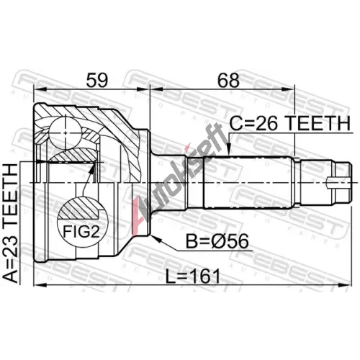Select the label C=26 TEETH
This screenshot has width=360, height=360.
coord(290,124)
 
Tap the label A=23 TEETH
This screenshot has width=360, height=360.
coord(11,223)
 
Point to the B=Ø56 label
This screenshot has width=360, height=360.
coord(217,241)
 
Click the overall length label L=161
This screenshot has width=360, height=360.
coord(193,276)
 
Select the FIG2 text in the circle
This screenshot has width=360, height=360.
coord(81,231)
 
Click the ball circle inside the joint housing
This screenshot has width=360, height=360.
coord(65,132)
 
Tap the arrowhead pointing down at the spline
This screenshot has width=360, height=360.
coord(229,150)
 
